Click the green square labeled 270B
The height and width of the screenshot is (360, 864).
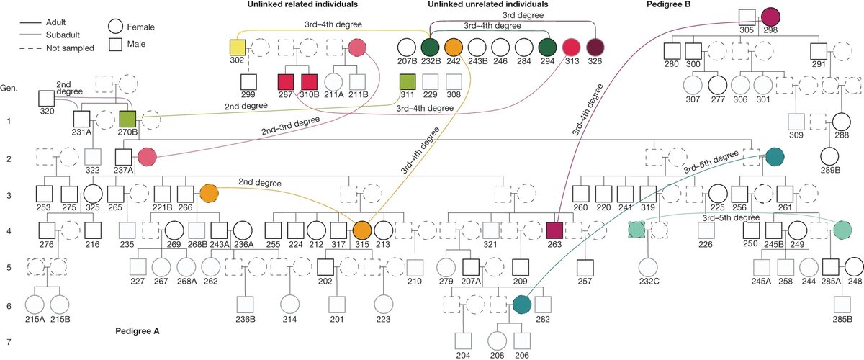click(128, 119)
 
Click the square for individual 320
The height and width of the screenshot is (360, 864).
click(47, 98)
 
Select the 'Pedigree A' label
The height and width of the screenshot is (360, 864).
click(137, 332)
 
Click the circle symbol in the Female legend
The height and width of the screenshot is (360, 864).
click(117, 27)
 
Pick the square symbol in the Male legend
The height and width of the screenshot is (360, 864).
click(117, 47)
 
